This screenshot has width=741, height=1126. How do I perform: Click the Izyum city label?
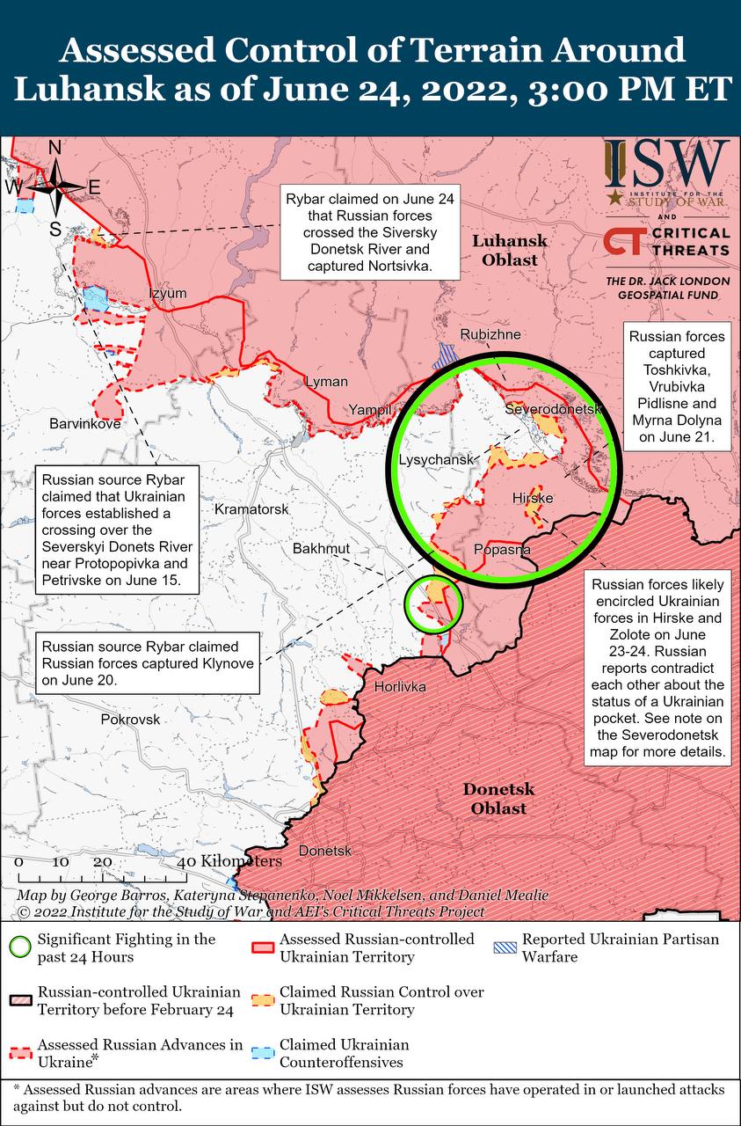point(168,293)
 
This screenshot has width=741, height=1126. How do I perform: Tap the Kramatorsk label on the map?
point(251,510)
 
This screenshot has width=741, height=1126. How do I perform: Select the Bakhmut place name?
point(322,549)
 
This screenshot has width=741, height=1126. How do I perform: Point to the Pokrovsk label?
point(131,719)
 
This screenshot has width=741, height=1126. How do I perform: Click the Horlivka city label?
point(400,686)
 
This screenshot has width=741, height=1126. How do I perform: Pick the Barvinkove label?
point(85,423)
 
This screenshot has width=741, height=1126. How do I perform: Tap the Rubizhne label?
point(490,335)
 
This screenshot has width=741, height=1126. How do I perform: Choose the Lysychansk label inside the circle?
point(436,460)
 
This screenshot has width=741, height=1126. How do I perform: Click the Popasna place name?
point(502,550)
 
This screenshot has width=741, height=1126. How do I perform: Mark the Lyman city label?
point(326,382)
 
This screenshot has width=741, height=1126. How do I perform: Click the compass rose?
point(54,186)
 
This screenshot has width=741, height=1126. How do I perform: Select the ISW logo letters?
point(667,162)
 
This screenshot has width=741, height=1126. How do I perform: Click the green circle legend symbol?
point(20,947)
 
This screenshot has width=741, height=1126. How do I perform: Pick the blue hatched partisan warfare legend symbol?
point(504,947)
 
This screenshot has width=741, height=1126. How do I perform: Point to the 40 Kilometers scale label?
point(231,860)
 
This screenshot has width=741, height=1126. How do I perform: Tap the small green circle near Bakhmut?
point(432,604)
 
